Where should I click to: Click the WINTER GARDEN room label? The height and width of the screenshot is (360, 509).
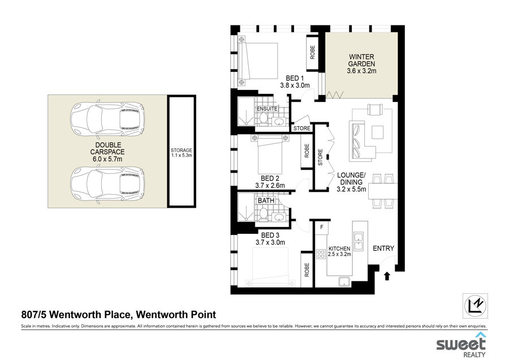361,61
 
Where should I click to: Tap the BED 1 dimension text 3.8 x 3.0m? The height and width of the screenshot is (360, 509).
295,85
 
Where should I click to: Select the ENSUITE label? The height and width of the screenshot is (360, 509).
267,109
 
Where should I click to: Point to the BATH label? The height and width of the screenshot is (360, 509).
266,200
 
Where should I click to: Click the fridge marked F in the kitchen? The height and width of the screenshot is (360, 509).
322,228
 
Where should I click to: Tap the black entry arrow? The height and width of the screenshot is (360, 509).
387,276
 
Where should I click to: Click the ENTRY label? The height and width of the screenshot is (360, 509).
383,248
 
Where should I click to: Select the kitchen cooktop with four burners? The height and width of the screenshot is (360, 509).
321,254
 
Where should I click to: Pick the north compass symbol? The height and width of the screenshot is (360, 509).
475,306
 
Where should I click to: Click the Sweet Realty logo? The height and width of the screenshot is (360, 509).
461,345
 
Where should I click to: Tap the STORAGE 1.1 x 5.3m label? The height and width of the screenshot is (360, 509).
182,153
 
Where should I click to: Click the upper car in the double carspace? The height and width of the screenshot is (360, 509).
107,119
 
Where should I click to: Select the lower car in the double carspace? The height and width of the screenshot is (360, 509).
107,183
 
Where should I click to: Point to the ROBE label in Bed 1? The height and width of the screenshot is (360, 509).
313,52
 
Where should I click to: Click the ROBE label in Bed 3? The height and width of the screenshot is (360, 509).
307,270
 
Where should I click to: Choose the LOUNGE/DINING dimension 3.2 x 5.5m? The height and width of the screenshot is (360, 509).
352,190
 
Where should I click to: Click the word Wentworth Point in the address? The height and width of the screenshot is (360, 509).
176,315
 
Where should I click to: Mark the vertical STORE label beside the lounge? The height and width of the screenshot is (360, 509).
321,157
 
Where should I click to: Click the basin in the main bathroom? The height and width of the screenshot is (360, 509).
278,217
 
